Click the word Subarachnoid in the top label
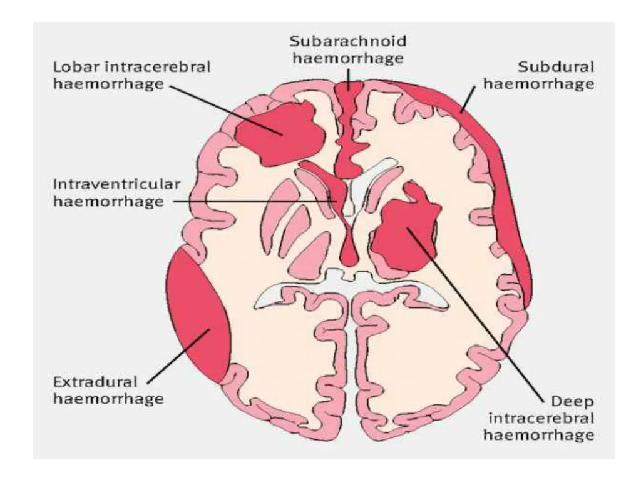tap(348, 41)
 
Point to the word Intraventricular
tap(117, 185)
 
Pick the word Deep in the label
tap(571, 400)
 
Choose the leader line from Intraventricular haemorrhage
tap(250, 201)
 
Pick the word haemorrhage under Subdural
tap(538, 83)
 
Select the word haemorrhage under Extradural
tap(108, 397)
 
